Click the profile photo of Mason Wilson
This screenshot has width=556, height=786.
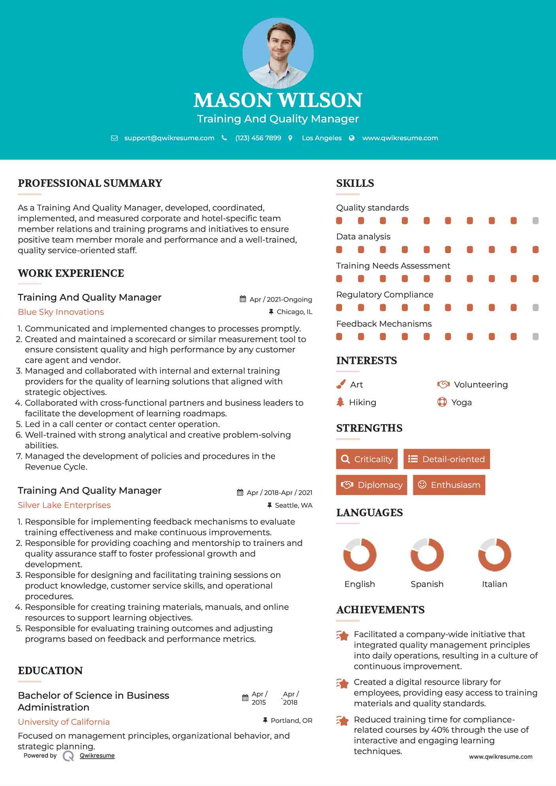coord(278,53)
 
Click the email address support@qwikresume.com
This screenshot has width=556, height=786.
coord(169,138)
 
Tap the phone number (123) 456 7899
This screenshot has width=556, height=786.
coord(258,138)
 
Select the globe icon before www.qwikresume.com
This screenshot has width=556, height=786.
coord(352,138)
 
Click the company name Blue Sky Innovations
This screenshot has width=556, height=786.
coord(61,312)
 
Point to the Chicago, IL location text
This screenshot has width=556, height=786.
coord(294,312)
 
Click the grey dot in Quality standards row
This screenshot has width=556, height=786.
coord(535,220)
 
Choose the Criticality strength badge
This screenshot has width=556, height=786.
coord(367,459)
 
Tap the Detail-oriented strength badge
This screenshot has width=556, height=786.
coord(447,459)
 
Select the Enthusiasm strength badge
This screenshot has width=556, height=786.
coord(449,485)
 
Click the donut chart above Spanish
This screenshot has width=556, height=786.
coord(427,555)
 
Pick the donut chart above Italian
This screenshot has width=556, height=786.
coord(494,555)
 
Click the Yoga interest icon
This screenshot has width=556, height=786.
coord(442,402)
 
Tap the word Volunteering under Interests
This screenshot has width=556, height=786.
coord(481,385)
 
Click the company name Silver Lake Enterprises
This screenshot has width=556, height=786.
coord(64,505)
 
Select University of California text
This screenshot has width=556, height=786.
coord(64,722)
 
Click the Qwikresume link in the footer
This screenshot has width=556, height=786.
coord(97,756)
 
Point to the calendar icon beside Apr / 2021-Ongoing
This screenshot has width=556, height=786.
coord(243,299)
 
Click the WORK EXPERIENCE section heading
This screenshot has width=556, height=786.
coord(71,273)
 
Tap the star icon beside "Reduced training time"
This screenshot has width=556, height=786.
coord(343,720)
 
